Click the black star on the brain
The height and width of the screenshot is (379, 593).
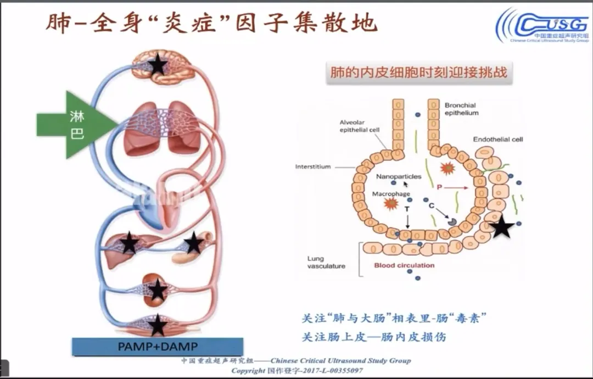(158, 65)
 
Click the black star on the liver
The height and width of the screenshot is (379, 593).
(129, 243)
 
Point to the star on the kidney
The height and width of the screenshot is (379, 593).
(158, 290)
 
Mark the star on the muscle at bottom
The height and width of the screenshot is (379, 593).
(158, 325)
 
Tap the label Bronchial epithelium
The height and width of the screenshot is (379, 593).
(461, 109)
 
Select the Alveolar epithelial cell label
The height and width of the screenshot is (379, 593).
(359, 126)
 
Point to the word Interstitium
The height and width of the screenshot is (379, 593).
(313, 166)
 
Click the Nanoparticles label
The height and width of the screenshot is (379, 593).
(399, 176)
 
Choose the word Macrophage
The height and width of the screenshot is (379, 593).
(391, 194)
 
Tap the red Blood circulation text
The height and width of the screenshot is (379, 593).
(404, 265)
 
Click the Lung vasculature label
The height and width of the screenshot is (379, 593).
(326, 262)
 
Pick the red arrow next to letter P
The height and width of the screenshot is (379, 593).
(455, 188)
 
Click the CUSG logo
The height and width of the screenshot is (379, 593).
(542, 25)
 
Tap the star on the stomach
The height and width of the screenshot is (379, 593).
(193, 243)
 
